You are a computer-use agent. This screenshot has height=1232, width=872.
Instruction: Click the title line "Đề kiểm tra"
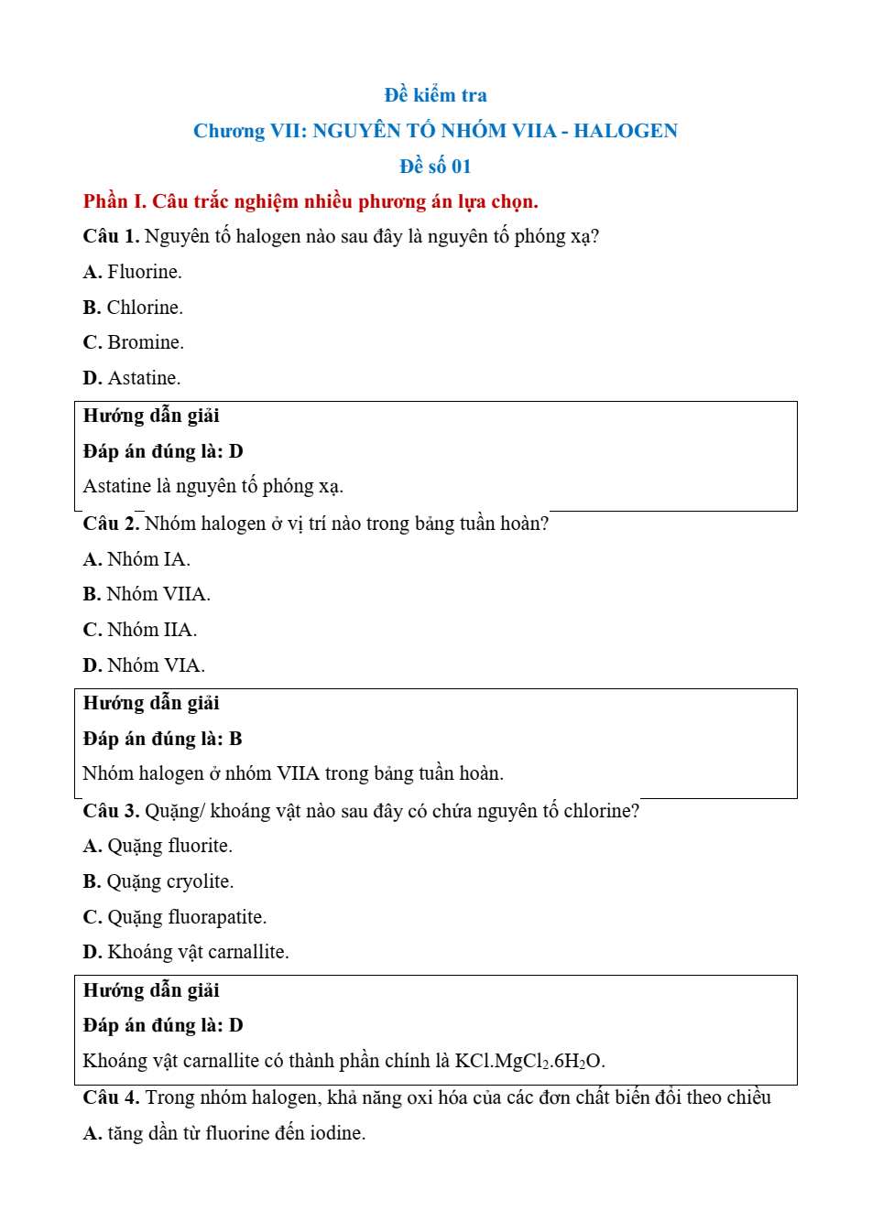435,95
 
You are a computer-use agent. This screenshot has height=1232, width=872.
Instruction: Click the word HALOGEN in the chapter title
626,131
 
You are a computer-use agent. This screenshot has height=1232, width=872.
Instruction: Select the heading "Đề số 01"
435,167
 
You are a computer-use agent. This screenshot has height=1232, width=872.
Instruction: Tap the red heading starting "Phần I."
311,201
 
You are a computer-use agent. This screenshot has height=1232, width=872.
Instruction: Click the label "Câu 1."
111,236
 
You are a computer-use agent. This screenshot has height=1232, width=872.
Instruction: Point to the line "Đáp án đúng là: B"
163,739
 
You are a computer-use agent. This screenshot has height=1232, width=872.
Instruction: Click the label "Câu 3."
111,811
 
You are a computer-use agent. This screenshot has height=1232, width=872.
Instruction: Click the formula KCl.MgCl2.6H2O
529,1061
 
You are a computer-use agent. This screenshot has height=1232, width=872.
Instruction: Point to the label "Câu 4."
111,1097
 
